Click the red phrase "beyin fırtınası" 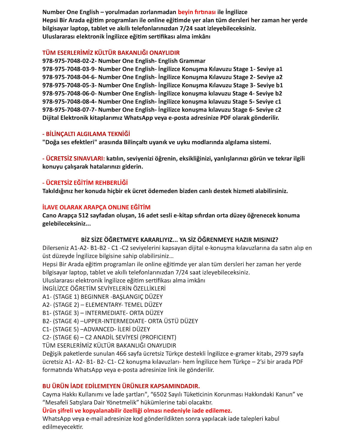pyautogui.click(x=196, y=12)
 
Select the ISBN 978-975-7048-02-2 pyautogui.click(x=68, y=61)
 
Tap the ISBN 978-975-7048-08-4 pyautogui.click(x=68, y=102)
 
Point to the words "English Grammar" pyautogui.click(x=182, y=61)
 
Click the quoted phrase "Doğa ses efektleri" pyautogui.click(x=70, y=142)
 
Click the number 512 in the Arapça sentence pyautogui.click(x=83, y=215)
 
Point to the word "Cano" pyautogui.click(x=49, y=215)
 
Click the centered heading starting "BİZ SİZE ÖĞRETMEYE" pyautogui.click(x=179, y=240)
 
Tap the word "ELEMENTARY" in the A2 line pyautogui.click(x=103, y=305)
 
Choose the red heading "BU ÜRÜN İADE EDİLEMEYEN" pyautogui.click(x=121, y=386)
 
